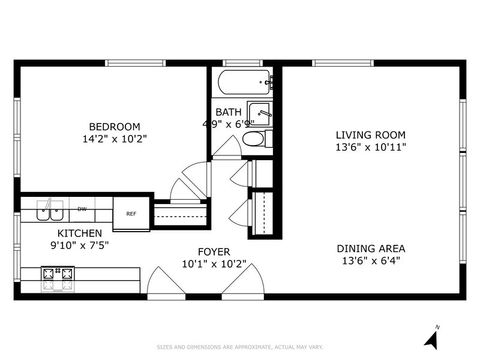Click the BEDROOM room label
tap(113, 126)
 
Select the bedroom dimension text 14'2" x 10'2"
tap(113, 139)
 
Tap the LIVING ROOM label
tap(370, 133)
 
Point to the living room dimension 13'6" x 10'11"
tap(370, 146)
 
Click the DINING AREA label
tap(370, 249)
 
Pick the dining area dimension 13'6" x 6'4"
tap(370, 262)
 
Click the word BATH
tap(227, 112)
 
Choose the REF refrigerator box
tap(131, 212)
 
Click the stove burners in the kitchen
tap(58, 273)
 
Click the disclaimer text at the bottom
tap(240, 347)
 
